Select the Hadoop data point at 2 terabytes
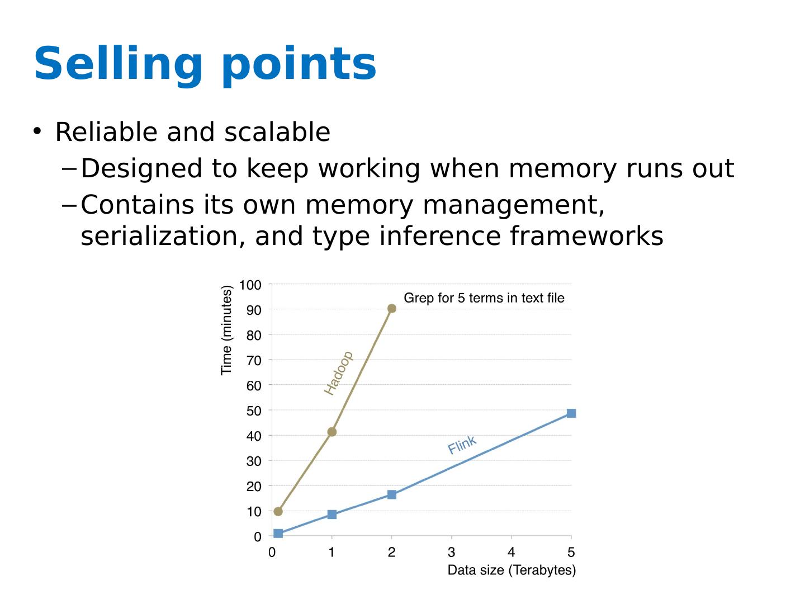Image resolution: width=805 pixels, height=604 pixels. click(x=391, y=309)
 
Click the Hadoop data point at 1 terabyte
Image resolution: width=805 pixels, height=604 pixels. click(x=332, y=432)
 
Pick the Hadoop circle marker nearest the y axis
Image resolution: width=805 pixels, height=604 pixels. click(x=278, y=511)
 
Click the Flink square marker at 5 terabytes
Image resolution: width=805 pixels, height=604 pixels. click(x=571, y=413)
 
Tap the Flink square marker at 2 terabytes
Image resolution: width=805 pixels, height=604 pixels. click(x=391, y=494)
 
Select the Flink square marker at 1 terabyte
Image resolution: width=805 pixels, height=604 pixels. click(x=332, y=515)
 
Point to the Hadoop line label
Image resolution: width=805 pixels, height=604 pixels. click(x=339, y=372)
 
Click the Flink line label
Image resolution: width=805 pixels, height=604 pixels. click(x=462, y=445)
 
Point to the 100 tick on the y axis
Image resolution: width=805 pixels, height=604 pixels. click(x=250, y=285)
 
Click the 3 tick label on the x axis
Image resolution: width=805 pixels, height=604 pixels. click(x=451, y=553)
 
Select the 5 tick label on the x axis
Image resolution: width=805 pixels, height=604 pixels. click(x=571, y=553)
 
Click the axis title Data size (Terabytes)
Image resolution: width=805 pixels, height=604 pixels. click(x=512, y=570)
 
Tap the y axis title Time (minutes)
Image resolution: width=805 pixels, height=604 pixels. click(x=226, y=330)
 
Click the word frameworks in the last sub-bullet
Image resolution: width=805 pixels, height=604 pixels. click(x=586, y=236)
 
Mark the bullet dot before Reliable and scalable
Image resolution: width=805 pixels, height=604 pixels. click(x=37, y=131)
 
